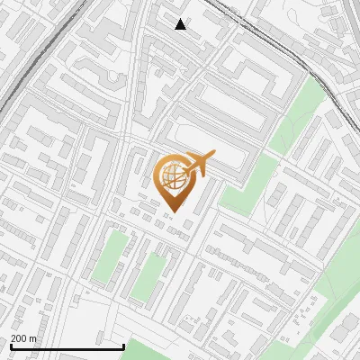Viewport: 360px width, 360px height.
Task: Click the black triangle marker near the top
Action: pyautogui.click(x=181, y=24)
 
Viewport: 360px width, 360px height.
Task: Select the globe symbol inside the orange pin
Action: pyautogui.click(x=172, y=176)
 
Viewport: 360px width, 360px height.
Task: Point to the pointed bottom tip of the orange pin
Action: pyautogui.click(x=174, y=212)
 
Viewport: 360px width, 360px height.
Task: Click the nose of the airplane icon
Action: pyautogui.click(x=213, y=155)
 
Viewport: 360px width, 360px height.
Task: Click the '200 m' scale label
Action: pyautogui.click(x=24, y=338)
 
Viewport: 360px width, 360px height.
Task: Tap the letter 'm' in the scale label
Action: pyautogui.click(x=33, y=338)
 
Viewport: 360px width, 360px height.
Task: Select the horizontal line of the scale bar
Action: pyautogui.click(x=67, y=346)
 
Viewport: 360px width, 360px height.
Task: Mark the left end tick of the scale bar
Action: pyautogui.click(x=12, y=345)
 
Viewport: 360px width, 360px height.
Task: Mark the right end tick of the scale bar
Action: pyautogui.click(x=123, y=345)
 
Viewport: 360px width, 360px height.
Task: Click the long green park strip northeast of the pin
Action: pyautogui.click(x=297, y=117)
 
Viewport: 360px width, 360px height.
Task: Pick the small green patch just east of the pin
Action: pyautogui.click(x=248, y=184)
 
